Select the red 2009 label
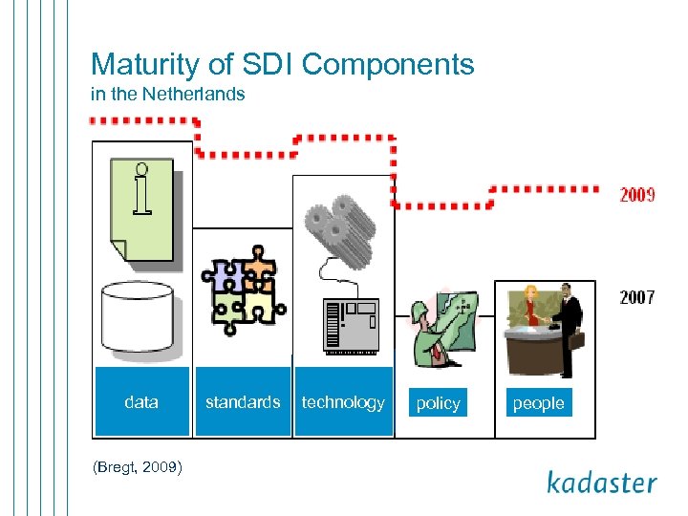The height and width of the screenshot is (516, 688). point(636,195)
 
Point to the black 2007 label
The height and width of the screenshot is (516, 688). point(636,297)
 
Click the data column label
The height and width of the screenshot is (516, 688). point(141,402)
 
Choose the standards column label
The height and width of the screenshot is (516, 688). point(243,402)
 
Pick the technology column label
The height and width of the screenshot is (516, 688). point(343,402)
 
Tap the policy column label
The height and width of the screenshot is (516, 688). point(439,403)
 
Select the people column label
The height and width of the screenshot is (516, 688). point(538,403)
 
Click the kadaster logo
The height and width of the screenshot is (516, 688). point(601,483)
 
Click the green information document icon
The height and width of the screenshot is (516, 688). point(141,210)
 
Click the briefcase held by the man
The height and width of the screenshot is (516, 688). point(577,340)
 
